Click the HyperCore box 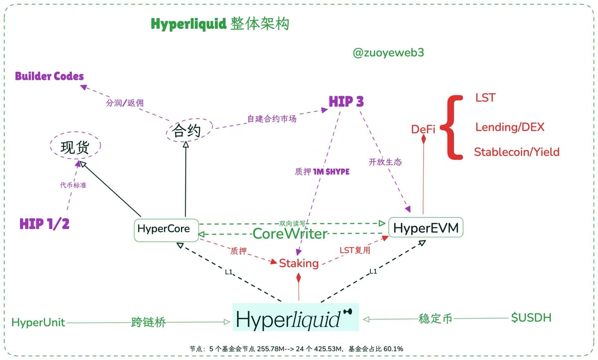point(166,230)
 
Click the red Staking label point(299,263)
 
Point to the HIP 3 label point(346,102)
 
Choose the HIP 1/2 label point(44,224)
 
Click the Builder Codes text point(49,76)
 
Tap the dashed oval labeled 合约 point(186,131)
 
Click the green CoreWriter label point(290,233)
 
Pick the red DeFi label point(423,129)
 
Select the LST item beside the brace point(485,98)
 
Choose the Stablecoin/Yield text point(516,152)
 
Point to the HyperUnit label point(38,322)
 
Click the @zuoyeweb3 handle point(388,53)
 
